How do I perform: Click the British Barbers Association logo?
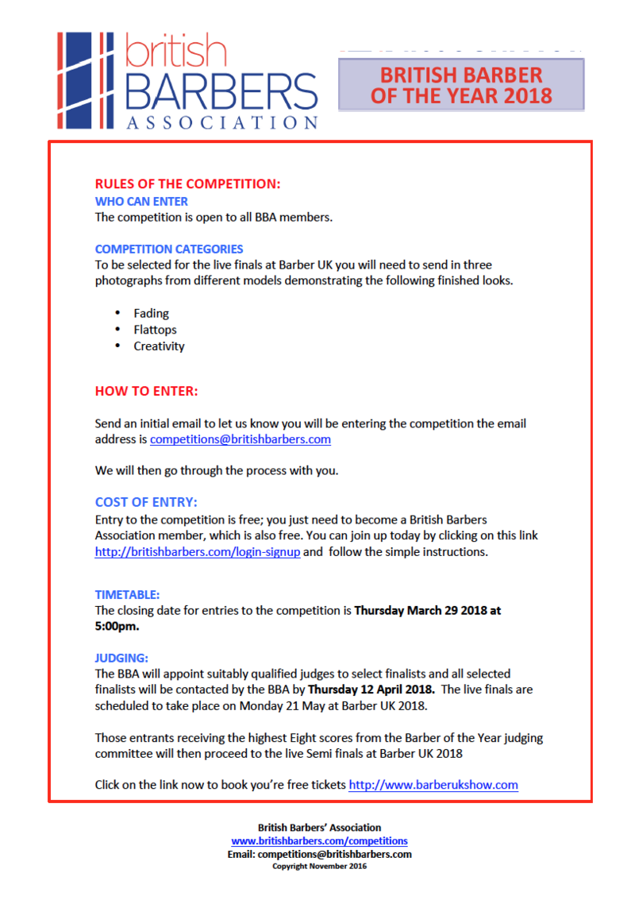tap(187, 79)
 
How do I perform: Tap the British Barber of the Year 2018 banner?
tap(461, 86)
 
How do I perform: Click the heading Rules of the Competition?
tap(187, 184)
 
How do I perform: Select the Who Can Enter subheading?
tap(141, 202)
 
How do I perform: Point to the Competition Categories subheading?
tap(169, 249)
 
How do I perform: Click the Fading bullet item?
tap(151, 313)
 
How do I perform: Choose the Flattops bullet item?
tap(155, 329)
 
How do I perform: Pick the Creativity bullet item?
tap(159, 346)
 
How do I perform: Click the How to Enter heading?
tap(146, 391)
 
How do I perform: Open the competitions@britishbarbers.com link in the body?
tap(241, 438)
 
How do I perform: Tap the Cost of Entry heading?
tap(146, 502)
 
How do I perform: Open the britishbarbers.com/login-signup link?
tap(198, 551)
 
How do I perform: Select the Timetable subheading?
tap(127, 593)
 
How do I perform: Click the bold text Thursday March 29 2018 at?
tap(427, 611)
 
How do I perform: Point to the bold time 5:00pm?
tap(117, 626)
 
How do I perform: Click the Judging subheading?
tap(121, 658)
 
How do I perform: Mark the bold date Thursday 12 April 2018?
tap(371, 689)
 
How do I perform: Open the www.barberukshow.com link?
tap(433, 785)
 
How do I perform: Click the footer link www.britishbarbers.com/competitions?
tap(319, 840)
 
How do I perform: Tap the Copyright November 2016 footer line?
tap(319, 866)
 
